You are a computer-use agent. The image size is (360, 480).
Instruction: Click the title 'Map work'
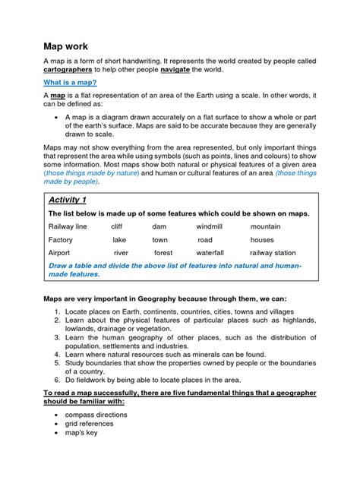(x=66, y=46)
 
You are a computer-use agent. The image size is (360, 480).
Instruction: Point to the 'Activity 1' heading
(x=68, y=200)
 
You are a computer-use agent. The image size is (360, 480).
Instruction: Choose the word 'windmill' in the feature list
(x=210, y=226)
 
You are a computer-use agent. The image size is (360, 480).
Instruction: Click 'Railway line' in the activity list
(x=68, y=226)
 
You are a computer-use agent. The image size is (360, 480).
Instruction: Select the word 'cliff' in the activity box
(x=116, y=226)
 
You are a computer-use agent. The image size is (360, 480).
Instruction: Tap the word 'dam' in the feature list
(x=159, y=226)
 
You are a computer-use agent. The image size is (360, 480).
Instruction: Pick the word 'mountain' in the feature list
(x=265, y=226)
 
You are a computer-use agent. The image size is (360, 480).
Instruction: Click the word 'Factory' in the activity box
(x=60, y=240)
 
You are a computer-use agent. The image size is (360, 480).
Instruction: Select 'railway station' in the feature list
(x=273, y=253)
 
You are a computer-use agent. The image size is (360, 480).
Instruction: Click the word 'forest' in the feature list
(x=163, y=253)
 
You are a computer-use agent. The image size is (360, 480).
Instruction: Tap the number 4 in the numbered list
(x=58, y=354)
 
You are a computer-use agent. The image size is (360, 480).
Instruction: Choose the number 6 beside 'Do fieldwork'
(x=58, y=379)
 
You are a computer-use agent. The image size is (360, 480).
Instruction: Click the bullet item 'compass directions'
(x=96, y=415)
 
